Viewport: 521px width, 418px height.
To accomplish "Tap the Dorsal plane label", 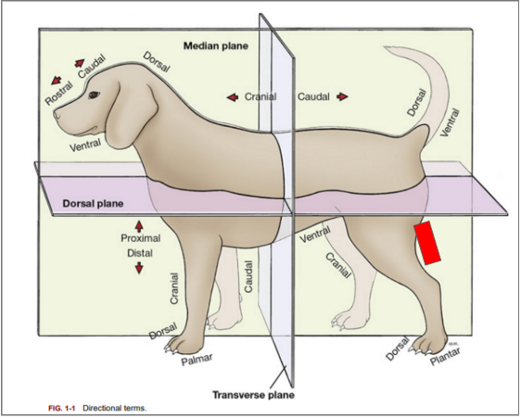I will click(93, 202).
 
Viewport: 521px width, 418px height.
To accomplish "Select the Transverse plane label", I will click(253, 394).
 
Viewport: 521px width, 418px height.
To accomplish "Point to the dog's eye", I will click(94, 94).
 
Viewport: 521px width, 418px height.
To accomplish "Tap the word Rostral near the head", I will click(59, 94).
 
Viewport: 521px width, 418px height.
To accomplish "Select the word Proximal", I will click(139, 238).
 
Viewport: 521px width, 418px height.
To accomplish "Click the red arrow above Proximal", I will click(139, 225).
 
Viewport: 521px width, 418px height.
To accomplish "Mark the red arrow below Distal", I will click(139, 268).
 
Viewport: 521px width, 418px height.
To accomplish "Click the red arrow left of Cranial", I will click(232, 96).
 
